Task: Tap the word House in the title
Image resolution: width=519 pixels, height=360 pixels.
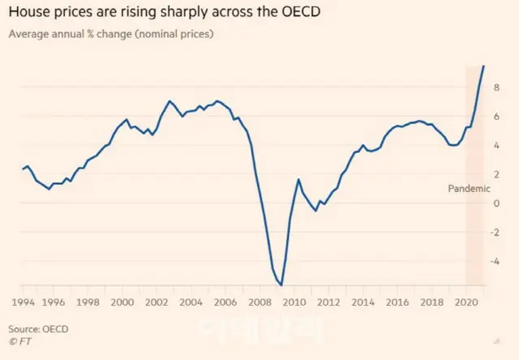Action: (x=27, y=13)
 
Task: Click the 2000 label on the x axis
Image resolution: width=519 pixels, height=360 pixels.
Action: (x=122, y=302)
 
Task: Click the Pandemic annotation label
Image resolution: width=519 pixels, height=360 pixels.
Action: (x=469, y=188)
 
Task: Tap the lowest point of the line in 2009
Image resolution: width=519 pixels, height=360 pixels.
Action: (x=281, y=285)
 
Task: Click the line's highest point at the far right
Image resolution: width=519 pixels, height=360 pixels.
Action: (x=484, y=66)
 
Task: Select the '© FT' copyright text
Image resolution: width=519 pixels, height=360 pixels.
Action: (x=20, y=342)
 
